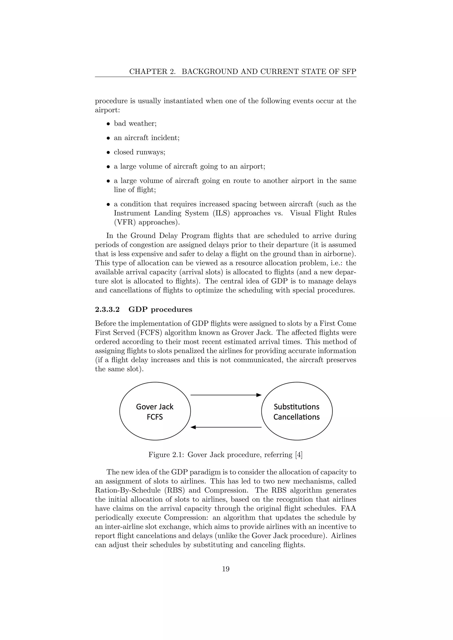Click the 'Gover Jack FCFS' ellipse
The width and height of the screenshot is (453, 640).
155,412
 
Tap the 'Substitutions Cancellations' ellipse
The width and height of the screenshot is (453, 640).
297,412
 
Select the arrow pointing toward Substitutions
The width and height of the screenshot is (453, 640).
226,395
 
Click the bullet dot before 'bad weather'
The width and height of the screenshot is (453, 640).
109,124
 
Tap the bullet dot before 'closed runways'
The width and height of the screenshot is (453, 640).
109,153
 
